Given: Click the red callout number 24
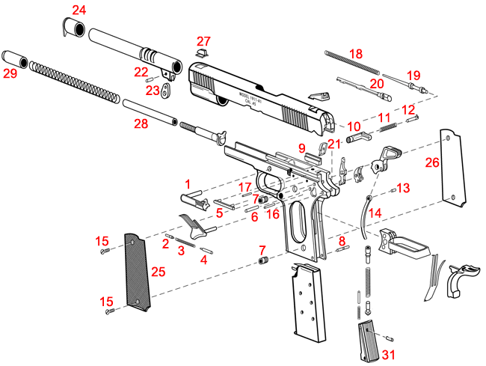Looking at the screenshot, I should pos(79,10).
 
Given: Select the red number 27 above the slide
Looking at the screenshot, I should pos(203,40).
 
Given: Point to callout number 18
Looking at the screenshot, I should pos(355,54).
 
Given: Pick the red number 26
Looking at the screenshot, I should pos(431,162).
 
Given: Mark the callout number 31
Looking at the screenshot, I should pos(387,353).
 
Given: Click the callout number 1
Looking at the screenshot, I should pos(188,183).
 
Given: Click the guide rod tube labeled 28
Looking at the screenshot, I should pos(150,112).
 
